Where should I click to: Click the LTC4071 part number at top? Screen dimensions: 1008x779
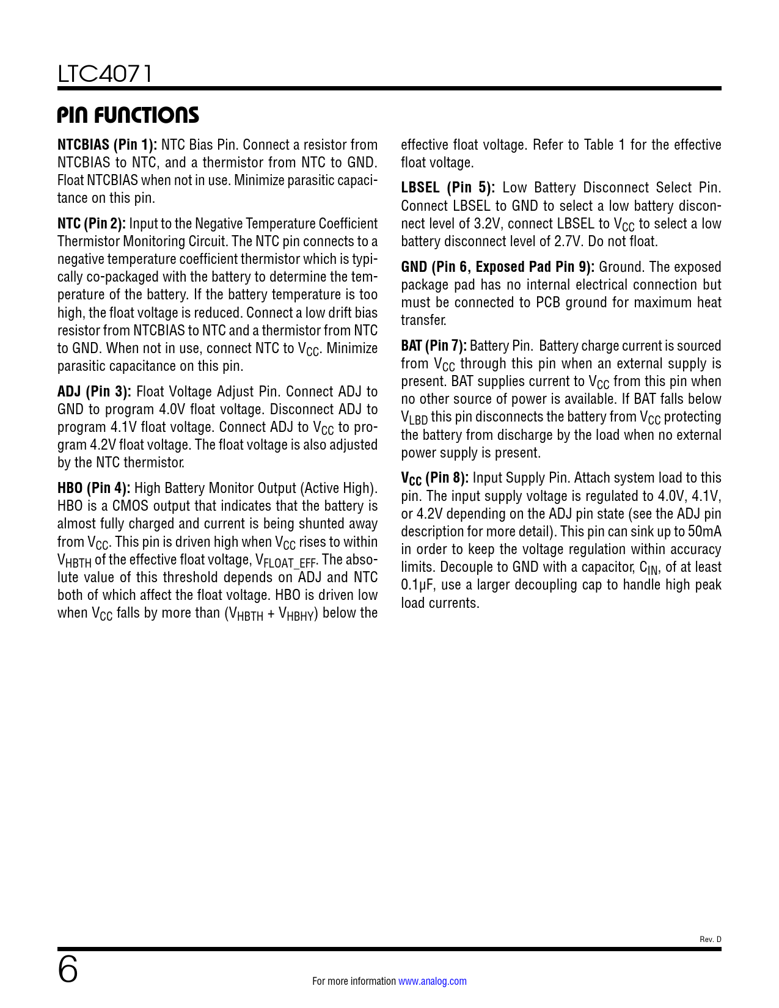[104, 74]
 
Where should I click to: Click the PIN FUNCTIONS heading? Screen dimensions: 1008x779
[128, 115]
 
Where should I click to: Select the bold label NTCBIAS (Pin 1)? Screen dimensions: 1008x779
[108, 145]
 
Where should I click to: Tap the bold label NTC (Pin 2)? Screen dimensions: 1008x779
[92, 224]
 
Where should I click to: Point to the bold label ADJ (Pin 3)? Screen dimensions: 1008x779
[94, 392]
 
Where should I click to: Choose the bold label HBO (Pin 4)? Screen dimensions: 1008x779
[93, 488]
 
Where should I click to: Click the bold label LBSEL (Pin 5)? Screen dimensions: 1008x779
[448, 188]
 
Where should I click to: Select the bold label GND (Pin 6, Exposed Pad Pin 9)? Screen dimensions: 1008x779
[497, 267]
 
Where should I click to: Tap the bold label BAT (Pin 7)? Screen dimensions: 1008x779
[434, 346]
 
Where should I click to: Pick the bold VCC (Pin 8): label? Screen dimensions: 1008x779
[434, 478]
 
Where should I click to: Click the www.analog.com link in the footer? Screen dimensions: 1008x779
[433, 981]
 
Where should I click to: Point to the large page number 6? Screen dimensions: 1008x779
[68, 970]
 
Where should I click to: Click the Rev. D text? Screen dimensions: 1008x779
[710, 940]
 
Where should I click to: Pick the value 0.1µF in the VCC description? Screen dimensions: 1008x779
[419, 585]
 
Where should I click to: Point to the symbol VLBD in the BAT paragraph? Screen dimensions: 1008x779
[414, 418]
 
